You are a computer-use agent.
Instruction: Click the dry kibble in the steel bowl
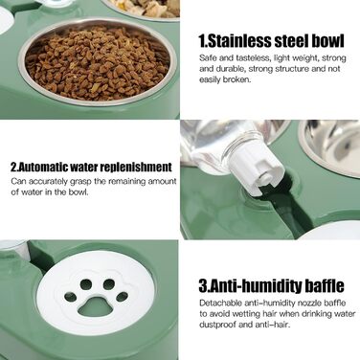tap(97, 63)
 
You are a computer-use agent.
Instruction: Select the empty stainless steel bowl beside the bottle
tap(329, 147)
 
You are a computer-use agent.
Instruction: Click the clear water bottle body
tap(217, 142)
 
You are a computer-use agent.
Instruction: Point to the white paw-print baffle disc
tap(96, 293)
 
